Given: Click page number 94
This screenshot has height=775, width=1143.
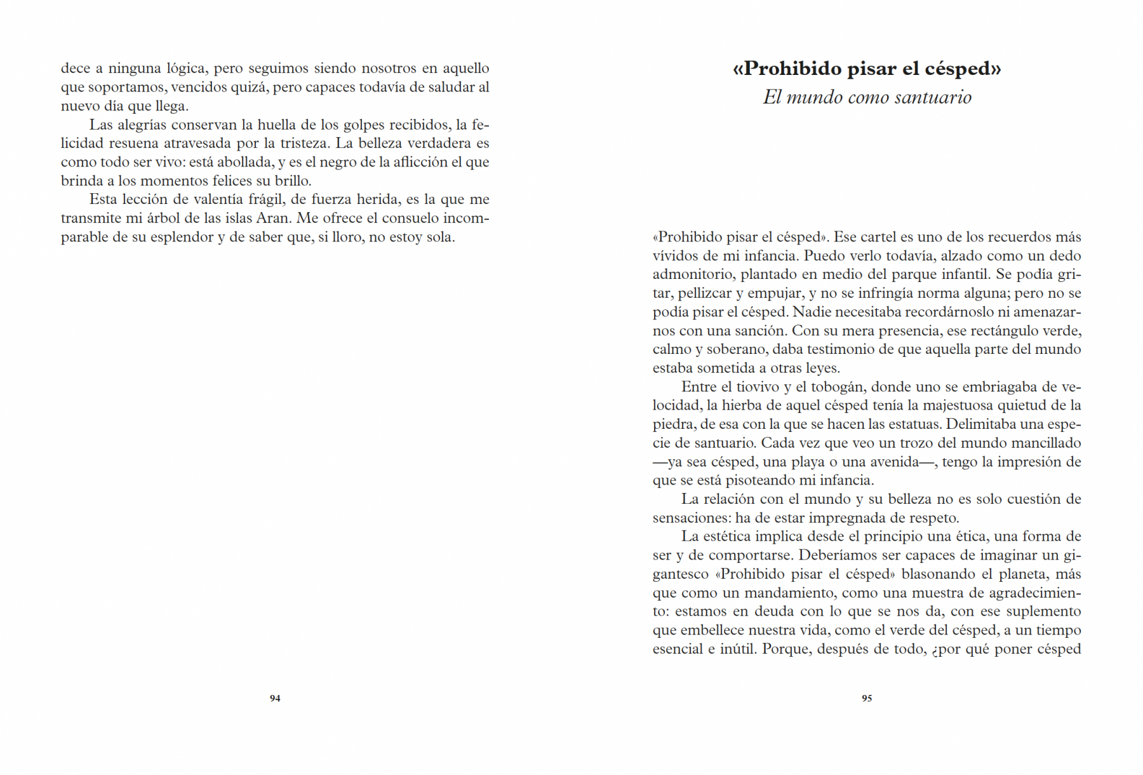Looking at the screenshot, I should pyautogui.click(x=275, y=698).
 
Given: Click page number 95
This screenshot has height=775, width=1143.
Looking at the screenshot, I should pyautogui.click(x=867, y=698).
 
